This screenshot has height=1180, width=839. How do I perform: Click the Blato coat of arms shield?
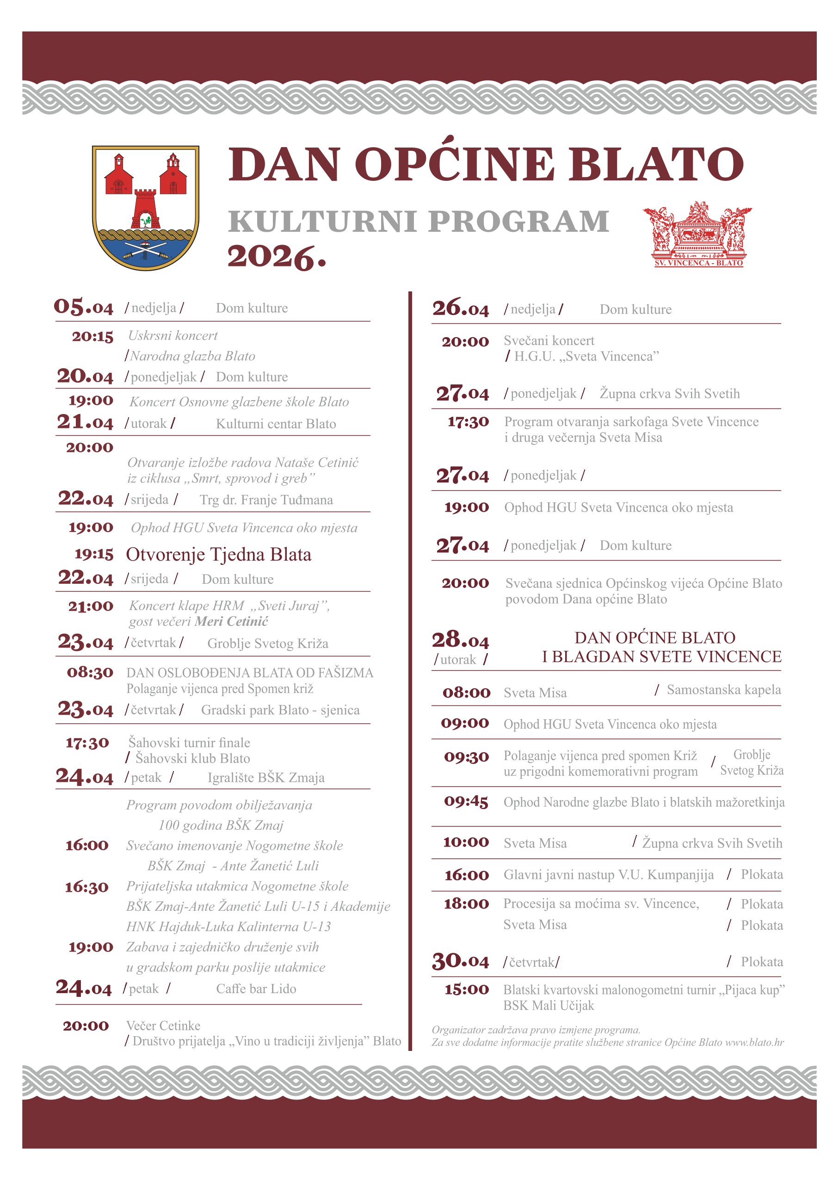click(145, 207)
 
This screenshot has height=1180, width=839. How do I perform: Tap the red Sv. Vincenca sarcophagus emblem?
click(697, 234)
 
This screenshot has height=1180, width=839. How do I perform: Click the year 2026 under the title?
click(277, 257)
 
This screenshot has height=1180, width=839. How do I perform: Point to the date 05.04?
click(83, 307)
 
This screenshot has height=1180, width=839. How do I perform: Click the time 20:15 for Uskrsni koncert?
click(93, 336)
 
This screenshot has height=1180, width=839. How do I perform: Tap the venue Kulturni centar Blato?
click(276, 424)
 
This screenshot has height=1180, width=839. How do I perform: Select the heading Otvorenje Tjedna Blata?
click(218, 554)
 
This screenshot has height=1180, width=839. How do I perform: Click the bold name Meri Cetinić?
click(231, 621)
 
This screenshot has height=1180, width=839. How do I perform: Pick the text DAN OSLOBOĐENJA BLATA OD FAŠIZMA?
click(250, 672)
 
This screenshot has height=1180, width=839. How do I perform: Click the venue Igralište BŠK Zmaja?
click(266, 778)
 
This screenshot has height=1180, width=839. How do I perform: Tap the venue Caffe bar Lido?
click(256, 988)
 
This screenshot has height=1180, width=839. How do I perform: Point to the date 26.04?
click(460, 309)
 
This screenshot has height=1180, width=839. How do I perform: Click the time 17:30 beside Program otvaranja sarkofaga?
click(468, 421)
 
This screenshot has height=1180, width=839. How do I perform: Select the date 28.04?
click(460, 640)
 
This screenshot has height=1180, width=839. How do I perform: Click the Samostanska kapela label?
click(723, 689)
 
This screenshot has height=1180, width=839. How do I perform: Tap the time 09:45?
click(466, 801)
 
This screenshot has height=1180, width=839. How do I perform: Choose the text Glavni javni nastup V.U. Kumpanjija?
click(609, 874)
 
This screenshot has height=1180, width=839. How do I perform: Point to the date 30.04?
click(460, 961)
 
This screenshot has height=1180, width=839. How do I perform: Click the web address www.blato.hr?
click(754, 1042)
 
